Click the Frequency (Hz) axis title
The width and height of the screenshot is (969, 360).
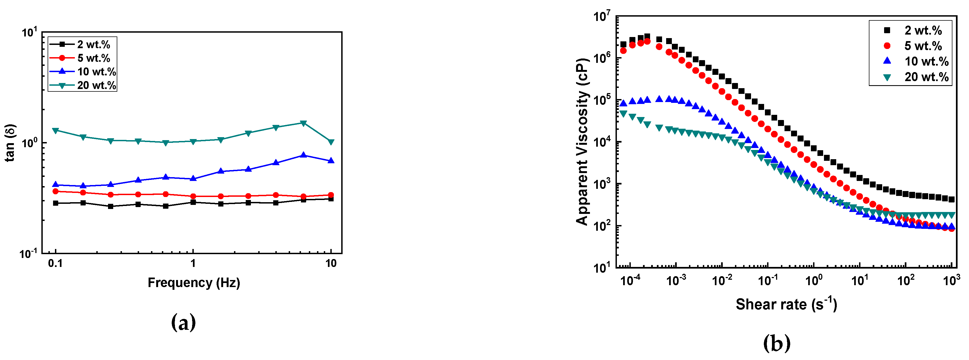pyautogui.click(x=194, y=282)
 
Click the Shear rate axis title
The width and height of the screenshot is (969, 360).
pyautogui.click(x=786, y=304)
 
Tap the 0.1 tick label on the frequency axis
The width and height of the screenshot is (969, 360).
pyautogui.click(x=55, y=263)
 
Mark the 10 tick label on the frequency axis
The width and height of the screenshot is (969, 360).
pyautogui.click(x=331, y=263)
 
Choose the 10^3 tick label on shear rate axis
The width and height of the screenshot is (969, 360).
pyautogui.click(x=951, y=280)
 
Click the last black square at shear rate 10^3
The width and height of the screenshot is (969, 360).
pyautogui.click(x=952, y=199)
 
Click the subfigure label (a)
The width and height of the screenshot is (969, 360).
pyautogui.click(x=184, y=322)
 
